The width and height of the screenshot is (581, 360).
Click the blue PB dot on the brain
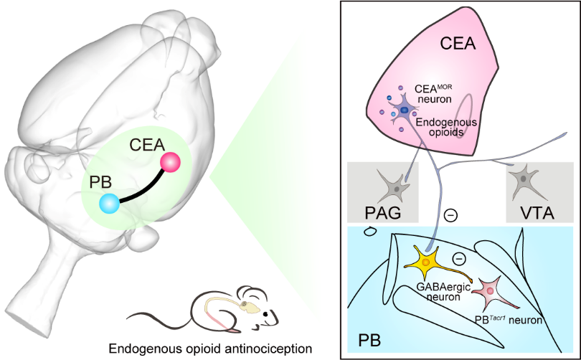click(x=110, y=204)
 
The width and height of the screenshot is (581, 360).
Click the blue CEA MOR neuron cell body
click(x=405, y=110)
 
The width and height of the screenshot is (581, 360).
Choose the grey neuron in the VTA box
click(x=526, y=178)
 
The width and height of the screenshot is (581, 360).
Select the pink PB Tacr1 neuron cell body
click(x=491, y=290)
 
